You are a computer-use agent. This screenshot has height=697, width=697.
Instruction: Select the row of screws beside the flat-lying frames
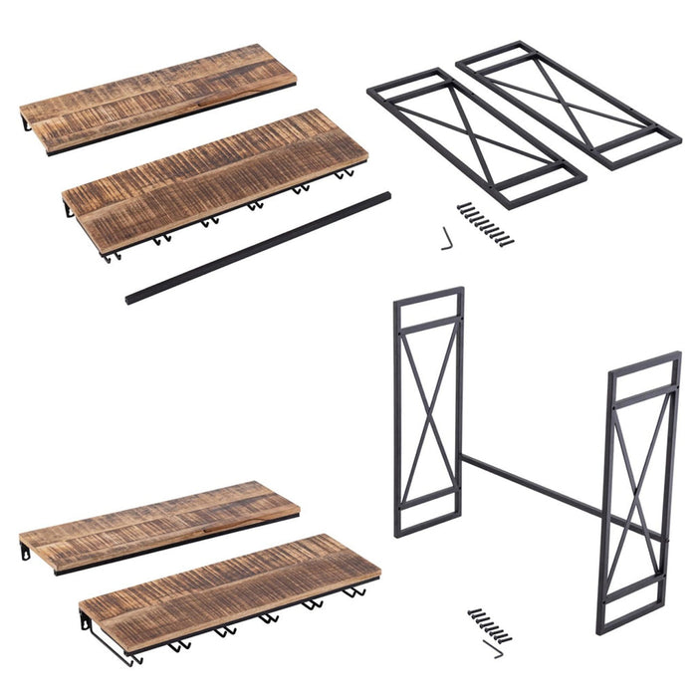click(x=486, y=224)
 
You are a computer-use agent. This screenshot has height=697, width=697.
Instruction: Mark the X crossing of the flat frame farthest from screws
click(x=568, y=104)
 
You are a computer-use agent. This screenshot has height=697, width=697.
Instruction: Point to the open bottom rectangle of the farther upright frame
click(x=427, y=515)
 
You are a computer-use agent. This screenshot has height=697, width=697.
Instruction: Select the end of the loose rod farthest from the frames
click(x=131, y=296)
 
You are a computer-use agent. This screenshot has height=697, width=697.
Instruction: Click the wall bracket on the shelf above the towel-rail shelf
click(x=24, y=551)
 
